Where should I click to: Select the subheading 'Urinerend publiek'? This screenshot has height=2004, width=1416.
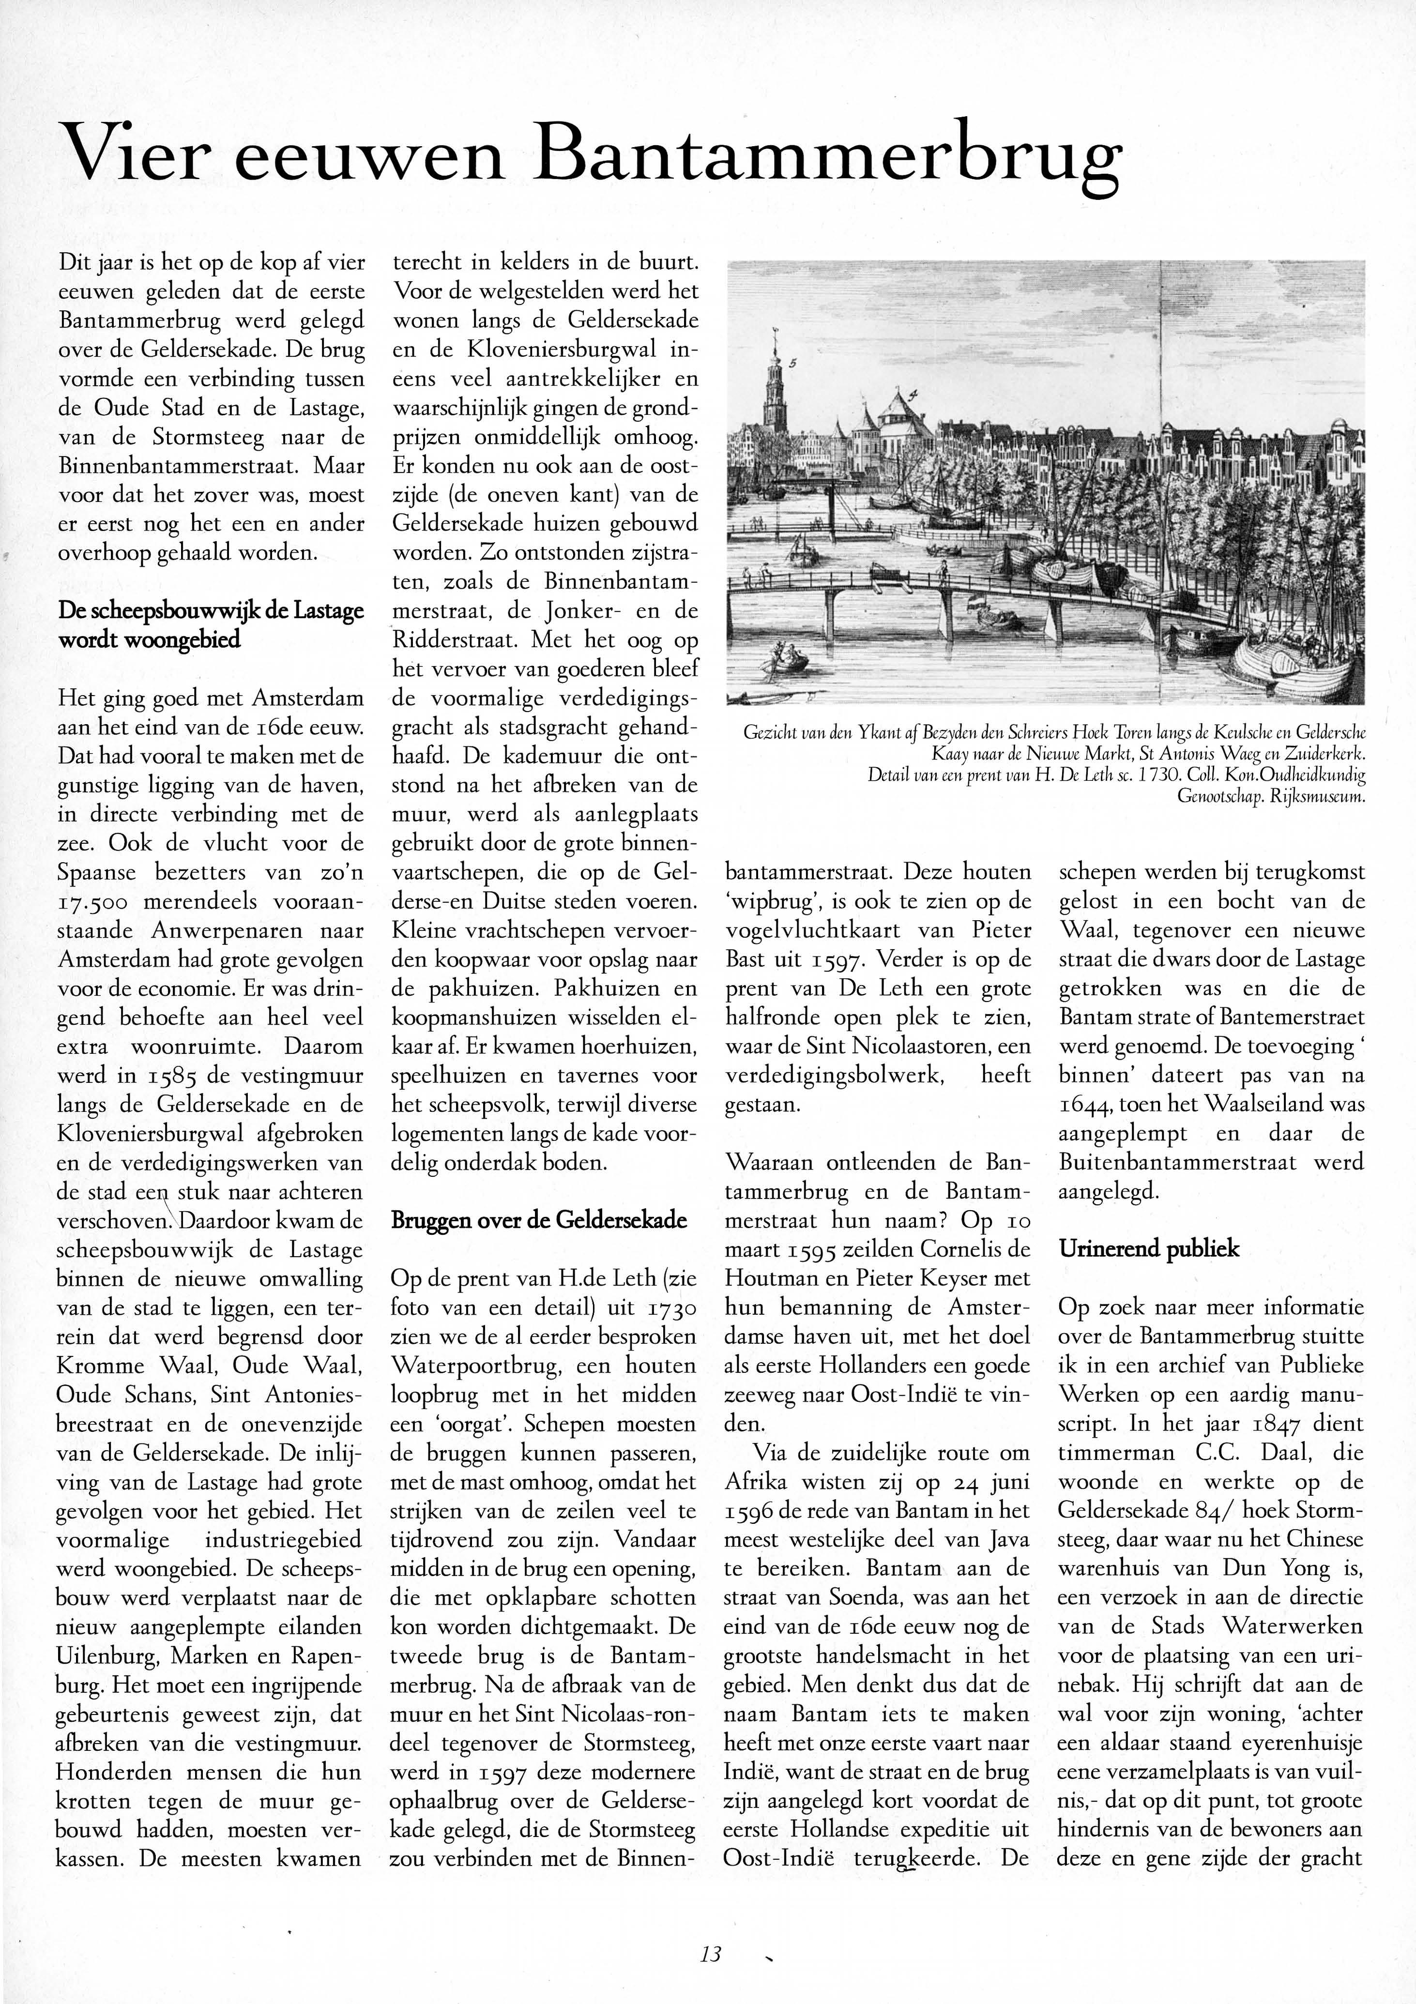pos(1149,1249)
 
